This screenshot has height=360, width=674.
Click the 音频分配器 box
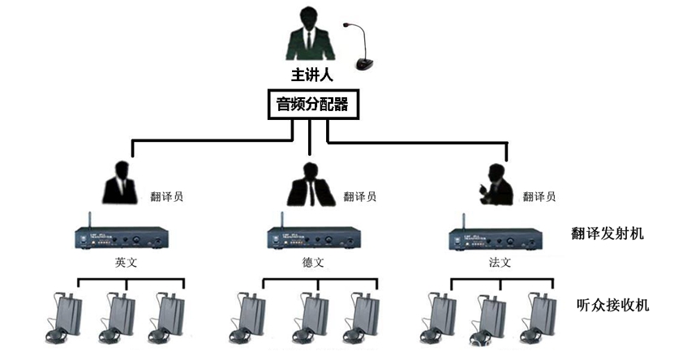tap(311, 105)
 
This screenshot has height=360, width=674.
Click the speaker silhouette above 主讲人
tap(311, 36)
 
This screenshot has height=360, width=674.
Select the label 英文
tap(129, 263)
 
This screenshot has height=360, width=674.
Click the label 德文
tap(312, 263)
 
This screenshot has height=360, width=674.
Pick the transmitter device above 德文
tap(311, 238)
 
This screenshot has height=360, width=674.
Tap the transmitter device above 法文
tap(495, 238)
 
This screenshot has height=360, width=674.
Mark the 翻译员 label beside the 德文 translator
tap(359, 196)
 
